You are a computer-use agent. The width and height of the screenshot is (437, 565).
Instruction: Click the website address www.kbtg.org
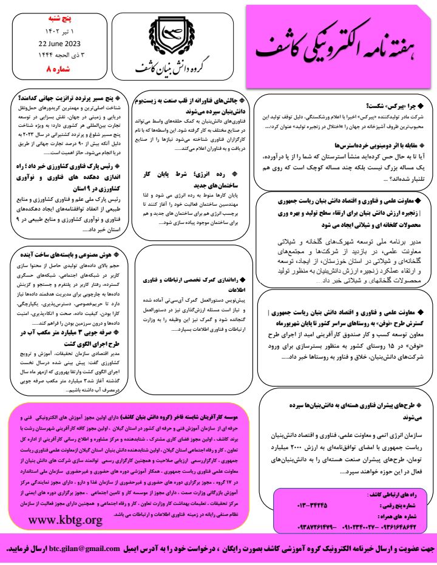(66, 520)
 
